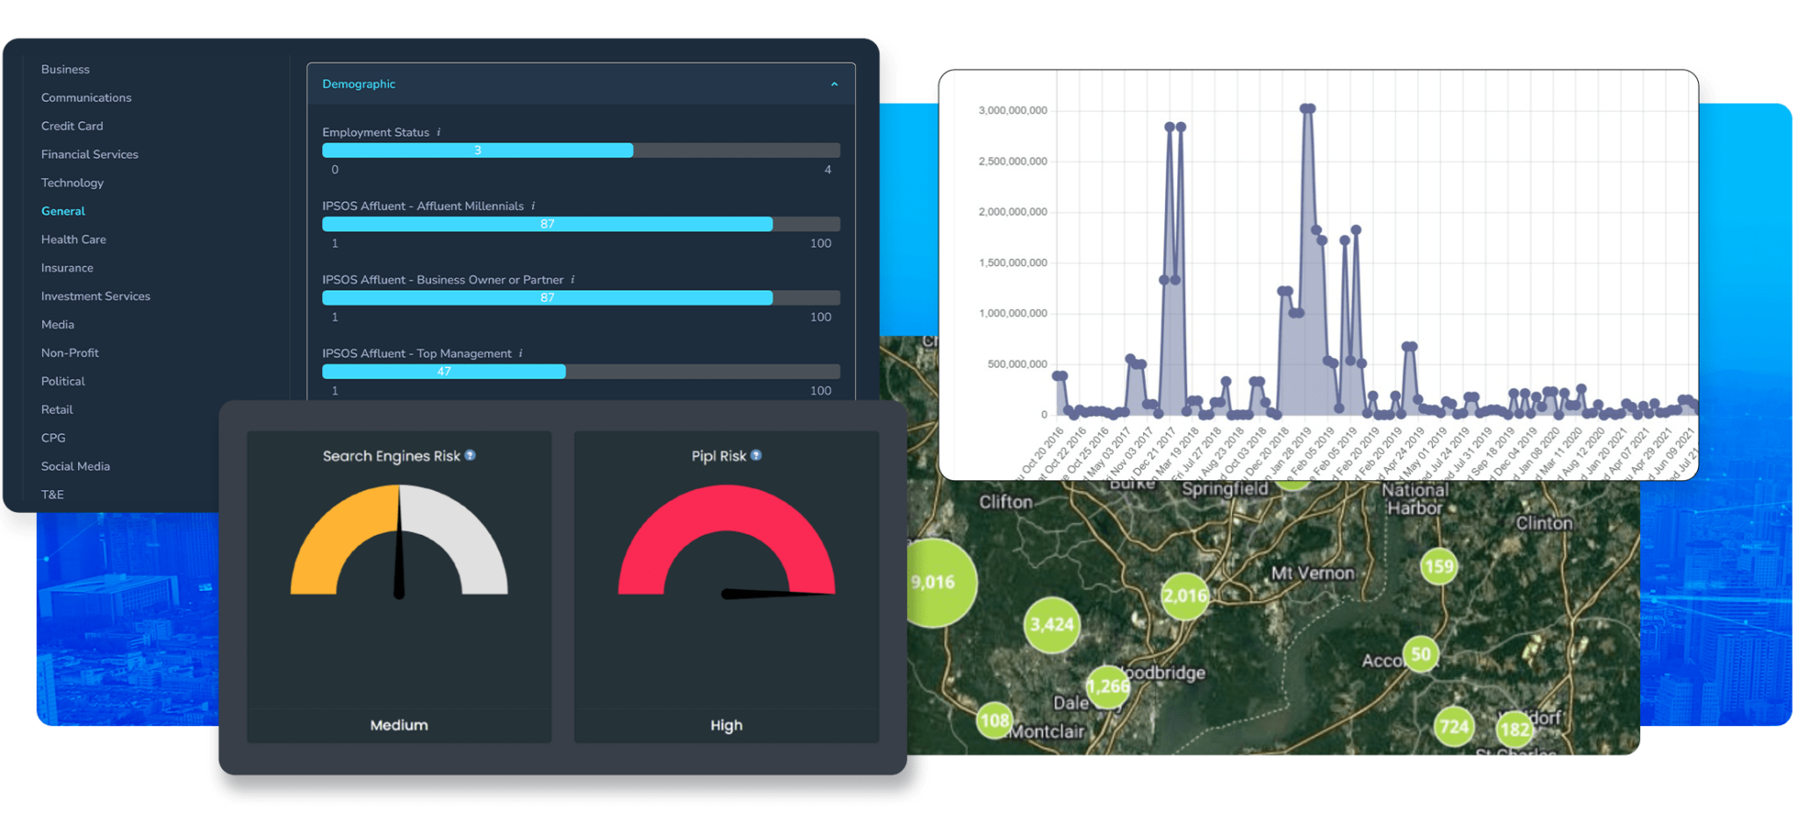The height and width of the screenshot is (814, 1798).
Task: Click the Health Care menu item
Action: click(74, 240)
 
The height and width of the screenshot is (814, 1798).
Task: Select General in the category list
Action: click(63, 212)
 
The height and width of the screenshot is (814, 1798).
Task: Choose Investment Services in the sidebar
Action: click(96, 297)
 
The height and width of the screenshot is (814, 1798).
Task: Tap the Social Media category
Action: click(76, 466)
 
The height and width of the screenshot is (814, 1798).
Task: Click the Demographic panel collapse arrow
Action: click(834, 84)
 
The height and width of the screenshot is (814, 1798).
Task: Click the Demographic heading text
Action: click(358, 84)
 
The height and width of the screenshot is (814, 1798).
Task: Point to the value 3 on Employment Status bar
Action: click(478, 150)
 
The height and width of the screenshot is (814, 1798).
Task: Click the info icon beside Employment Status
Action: click(439, 133)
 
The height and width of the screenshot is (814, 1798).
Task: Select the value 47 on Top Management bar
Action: click(444, 371)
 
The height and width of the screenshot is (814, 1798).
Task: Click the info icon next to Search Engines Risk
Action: click(471, 455)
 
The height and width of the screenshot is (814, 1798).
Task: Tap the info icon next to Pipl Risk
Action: click(757, 455)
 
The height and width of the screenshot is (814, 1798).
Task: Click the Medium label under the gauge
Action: click(399, 725)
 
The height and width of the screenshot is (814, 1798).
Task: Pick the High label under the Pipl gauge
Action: click(726, 725)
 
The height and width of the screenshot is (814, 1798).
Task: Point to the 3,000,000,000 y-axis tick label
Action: click(1012, 111)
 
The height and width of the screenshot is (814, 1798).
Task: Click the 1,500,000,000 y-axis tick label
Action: click(1012, 263)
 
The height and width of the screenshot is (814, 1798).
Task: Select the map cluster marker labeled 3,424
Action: click(1052, 624)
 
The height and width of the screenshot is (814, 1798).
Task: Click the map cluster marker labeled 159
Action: click(1439, 566)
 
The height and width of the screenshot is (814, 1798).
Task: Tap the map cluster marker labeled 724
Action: click(1454, 726)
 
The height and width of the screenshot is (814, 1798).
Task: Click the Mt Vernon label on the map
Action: click(1313, 573)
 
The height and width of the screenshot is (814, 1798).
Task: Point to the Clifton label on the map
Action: click(1005, 502)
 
